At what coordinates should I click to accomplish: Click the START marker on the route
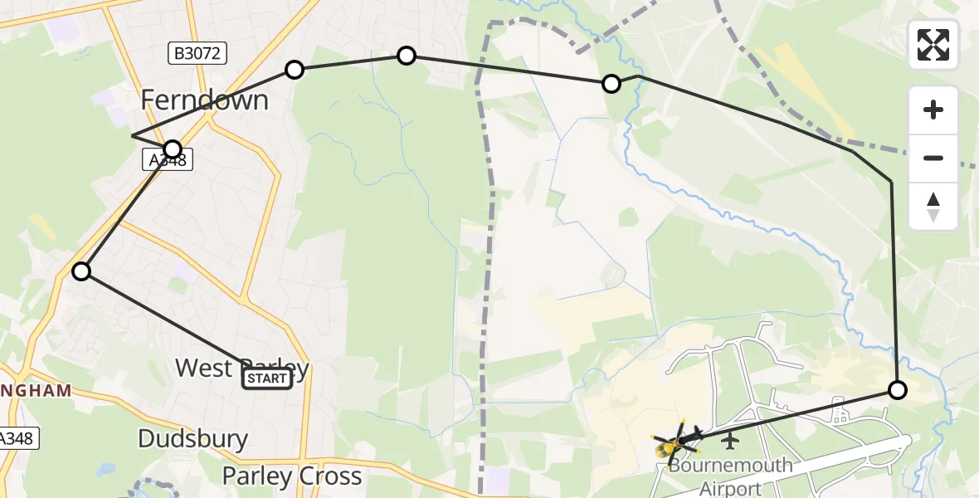pos(266,379)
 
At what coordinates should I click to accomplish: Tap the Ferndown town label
pos(204,100)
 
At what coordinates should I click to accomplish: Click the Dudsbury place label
pos(192,438)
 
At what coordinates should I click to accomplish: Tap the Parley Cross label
pos(292,476)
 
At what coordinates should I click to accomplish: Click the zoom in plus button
pos(933,110)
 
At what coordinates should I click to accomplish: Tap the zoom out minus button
pos(933,158)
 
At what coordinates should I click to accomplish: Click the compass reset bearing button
pos(933,207)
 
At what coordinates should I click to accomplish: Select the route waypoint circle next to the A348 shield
pos(173,149)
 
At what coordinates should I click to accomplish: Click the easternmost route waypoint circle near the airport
pos(898,389)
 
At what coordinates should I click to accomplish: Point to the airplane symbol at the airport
pos(730,437)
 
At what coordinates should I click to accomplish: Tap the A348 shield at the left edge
pos(17,438)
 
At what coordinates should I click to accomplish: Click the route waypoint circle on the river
pos(611,83)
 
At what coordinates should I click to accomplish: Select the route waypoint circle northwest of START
pos(81,271)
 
